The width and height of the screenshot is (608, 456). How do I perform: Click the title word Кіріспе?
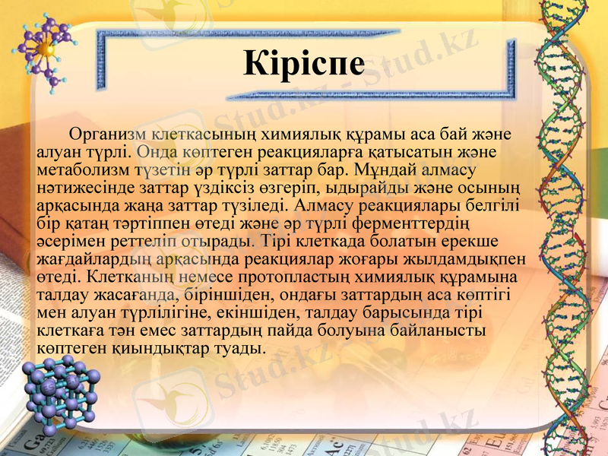[304, 63]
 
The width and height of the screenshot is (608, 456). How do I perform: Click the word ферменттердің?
[413, 221]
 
